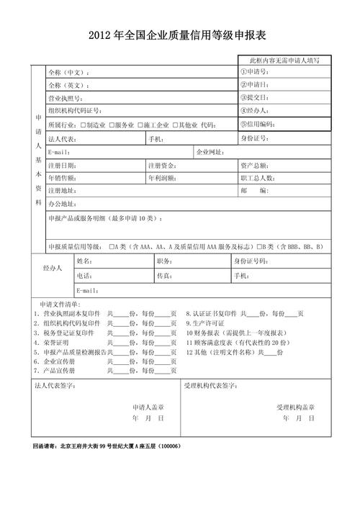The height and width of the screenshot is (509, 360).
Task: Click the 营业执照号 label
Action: click(x=66, y=98)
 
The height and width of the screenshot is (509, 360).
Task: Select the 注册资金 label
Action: click(x=161, y=165)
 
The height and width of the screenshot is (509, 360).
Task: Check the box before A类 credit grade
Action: click(x=112, y=247)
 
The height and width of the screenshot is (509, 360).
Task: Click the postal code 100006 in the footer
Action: click(x=168, y=446)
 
